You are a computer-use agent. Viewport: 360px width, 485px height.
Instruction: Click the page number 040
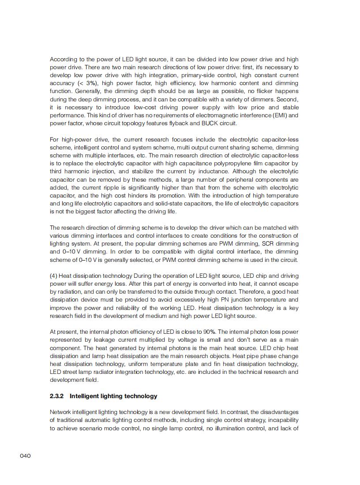pyautogui.click(x=25, y=455)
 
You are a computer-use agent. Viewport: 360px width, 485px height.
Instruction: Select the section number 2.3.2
pyautogui.click(x=57, y=396)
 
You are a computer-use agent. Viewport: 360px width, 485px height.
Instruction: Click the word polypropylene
pyautogui.click(x=240, y=164)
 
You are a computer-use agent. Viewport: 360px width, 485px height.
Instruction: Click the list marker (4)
pyautogui.click(x=53, y=276)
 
